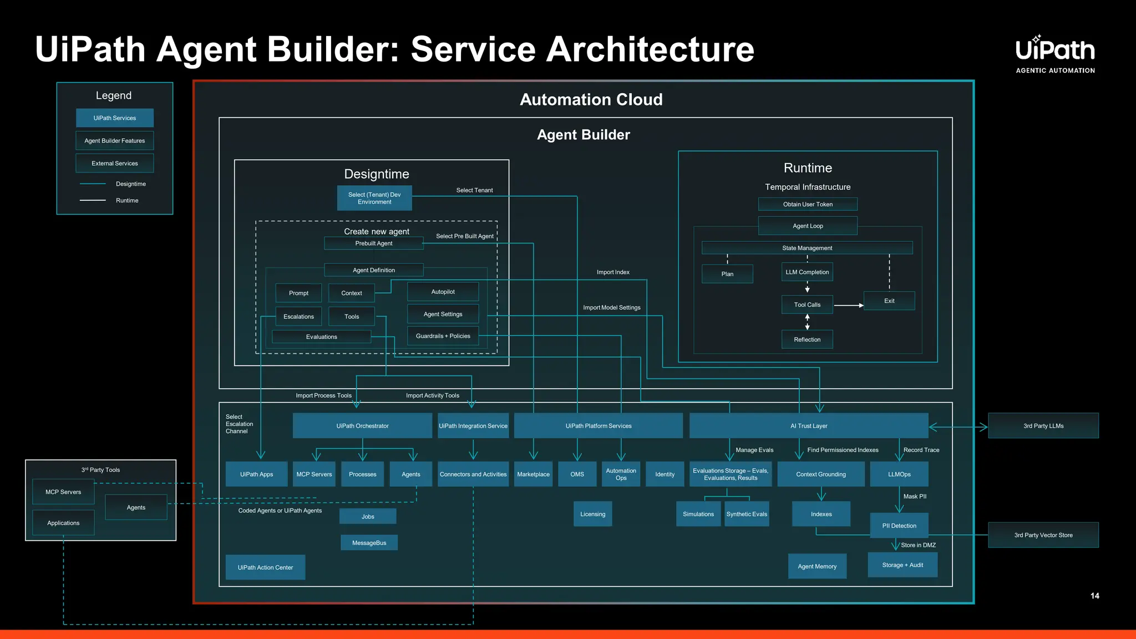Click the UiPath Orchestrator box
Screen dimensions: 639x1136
(362, 425)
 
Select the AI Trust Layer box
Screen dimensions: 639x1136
(808, 425)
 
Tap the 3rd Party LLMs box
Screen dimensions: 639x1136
(1043, 425)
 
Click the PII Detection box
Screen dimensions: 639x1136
(899, 525)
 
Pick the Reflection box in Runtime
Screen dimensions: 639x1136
(807, 339)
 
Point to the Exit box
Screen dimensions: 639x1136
(889, 301)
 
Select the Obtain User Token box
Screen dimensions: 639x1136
(807, 204)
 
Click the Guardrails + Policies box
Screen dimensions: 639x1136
(443, 336)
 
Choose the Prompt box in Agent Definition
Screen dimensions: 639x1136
(298, 293)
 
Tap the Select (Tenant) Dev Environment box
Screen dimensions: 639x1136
(374, 198)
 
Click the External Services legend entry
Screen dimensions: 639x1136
(114, 163)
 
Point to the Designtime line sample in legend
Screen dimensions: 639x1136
(93, 184)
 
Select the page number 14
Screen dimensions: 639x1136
(1094, 596)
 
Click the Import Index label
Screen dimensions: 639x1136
(612, 272)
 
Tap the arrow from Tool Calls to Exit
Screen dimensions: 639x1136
(849, 305)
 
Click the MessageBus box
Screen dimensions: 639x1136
(369, 542)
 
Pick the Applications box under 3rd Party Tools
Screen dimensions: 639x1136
(63, 523)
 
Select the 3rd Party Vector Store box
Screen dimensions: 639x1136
(1043, 535)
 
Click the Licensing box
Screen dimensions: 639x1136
(592, 514)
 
